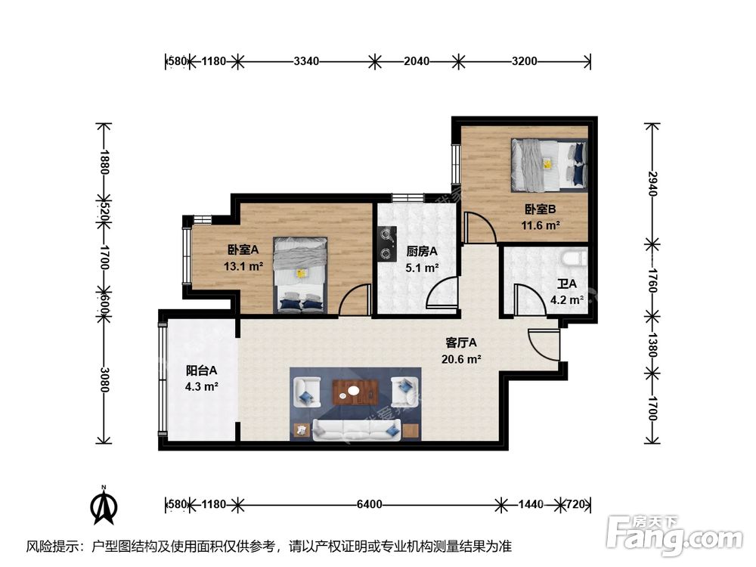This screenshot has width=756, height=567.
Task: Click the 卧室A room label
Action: tap(243, 250)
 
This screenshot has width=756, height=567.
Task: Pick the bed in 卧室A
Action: tap(301, 274)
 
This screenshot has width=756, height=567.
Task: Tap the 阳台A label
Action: tap(202, 370)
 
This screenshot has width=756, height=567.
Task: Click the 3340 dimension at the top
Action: tap(305, 61)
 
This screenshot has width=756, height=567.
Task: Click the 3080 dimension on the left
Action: tap(104, 376)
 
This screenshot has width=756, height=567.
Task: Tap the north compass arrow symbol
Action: tap(104, 507)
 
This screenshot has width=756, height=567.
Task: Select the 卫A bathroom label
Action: tap(567, 284)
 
